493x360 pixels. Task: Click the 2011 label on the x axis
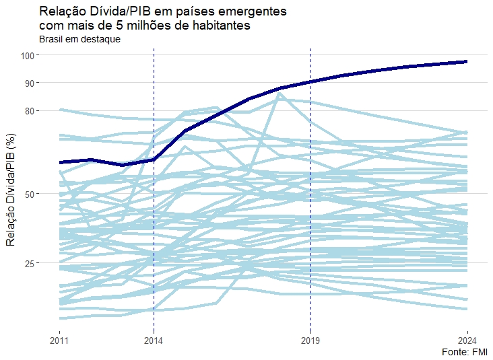tap(60, 339)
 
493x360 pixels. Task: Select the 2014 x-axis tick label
tap(154, 339)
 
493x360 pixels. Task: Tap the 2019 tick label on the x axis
tap(310, 339)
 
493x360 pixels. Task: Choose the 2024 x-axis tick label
tap(467, 339)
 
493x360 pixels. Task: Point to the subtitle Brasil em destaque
tap(79, 40)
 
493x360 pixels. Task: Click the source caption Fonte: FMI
tap(465, 352)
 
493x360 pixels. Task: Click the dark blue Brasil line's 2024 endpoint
tap(467, 61)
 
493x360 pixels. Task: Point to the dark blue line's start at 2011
tap(61, 162)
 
